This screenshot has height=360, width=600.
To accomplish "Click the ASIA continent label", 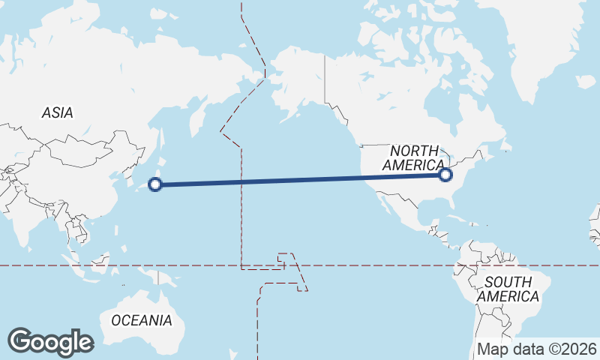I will tap(58, 112).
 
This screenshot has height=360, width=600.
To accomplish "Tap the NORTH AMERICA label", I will tap(413, 158).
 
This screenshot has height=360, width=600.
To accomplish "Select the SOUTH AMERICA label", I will tap(508, 289).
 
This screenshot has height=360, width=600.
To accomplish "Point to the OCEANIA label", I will tap(142, 320).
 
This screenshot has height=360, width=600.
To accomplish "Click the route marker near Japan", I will tap(155, 184).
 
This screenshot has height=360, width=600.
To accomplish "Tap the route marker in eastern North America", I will tap(445, 175).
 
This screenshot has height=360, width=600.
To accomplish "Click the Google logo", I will tap(50, 342).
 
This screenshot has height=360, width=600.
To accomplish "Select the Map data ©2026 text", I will tap(537, 349).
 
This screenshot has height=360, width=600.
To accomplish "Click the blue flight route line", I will tap(300, 179).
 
